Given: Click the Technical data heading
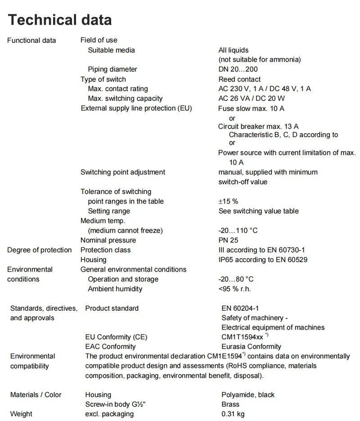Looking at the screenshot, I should coord(60,20).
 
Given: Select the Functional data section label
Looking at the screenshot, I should coord(31,40).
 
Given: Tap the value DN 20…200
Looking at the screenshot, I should coord(238,69).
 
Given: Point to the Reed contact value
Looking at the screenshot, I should coord(239,79).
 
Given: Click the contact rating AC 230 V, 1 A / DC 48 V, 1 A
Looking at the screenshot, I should coord(265,89).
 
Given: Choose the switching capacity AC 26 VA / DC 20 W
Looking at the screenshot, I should coord(252,99).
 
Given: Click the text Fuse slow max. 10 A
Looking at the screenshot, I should coord(251,108).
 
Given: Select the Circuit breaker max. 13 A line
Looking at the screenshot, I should coord(258,126).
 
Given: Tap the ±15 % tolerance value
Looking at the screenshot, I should coord(228,202).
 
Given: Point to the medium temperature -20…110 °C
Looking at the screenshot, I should coord(238,230).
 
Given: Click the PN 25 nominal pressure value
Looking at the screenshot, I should coord(228,240).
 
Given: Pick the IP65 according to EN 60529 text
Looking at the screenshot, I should coord(263,260).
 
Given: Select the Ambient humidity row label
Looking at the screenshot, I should coord(115,289).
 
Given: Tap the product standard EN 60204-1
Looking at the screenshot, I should coord(240,309).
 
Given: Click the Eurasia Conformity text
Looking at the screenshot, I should coord(251,347).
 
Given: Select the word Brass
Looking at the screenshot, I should coord(230,404).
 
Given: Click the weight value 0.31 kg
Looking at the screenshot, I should coord(233,414).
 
